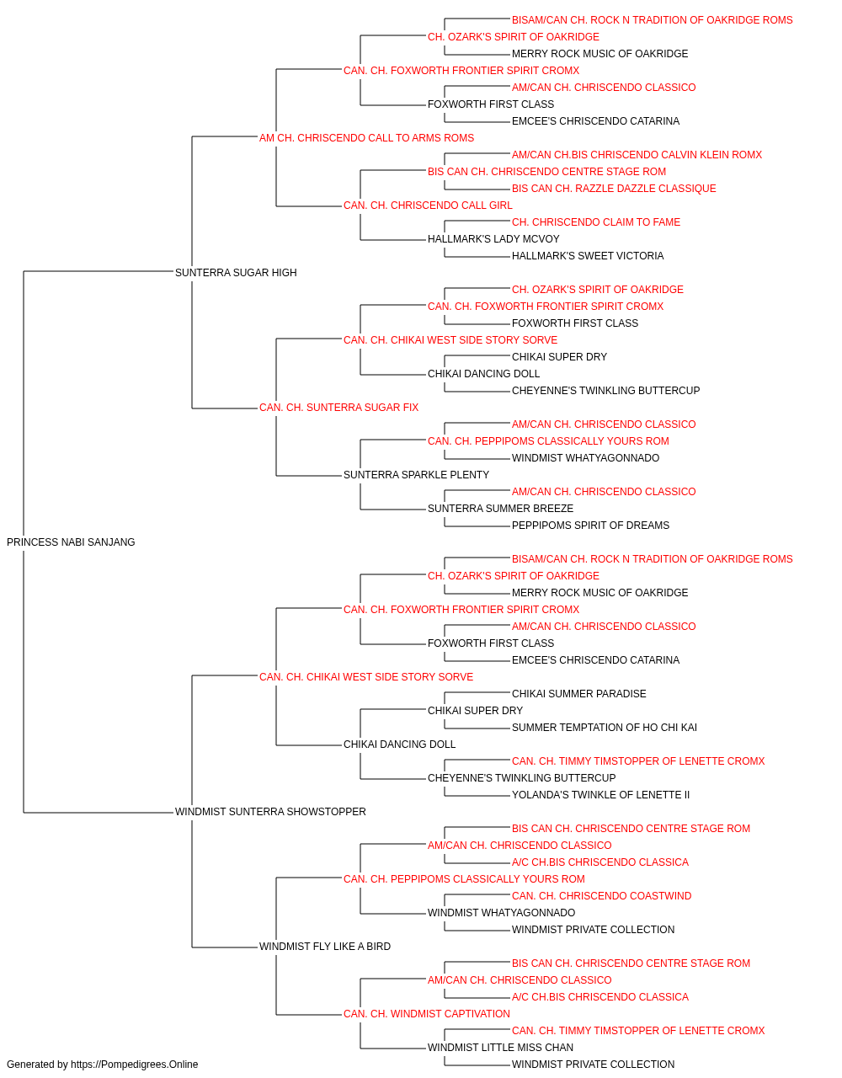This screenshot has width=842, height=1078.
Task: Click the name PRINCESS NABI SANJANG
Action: (71, 542)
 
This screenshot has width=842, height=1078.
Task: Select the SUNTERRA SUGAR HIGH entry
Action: (236, 273)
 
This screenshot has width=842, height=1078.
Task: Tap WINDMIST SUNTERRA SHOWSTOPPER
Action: (270, 812)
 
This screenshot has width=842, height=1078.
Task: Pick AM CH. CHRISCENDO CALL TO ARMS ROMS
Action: (366, 138)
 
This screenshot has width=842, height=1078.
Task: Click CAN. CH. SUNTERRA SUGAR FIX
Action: (338, 408)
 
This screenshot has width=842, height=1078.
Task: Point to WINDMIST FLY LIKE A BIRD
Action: (325, 947)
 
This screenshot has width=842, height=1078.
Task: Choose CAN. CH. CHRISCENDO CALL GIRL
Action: (428, 205)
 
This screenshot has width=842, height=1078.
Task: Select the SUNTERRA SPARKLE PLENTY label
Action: (417, 475)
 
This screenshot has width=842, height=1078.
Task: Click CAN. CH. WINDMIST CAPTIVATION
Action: (427, 1014)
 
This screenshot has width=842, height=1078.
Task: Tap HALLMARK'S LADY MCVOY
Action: (493, 239)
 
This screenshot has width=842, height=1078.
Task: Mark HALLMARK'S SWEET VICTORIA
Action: (588, 256)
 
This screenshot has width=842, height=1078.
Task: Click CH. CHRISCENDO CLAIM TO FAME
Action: (596, 222)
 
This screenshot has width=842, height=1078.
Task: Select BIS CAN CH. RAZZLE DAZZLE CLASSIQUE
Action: (614, 189)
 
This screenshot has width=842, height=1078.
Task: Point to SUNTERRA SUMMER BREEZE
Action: (500, 509)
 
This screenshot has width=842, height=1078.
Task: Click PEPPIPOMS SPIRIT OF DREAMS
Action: (590, 526)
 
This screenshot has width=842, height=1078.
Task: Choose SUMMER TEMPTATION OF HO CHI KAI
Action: (605, 728)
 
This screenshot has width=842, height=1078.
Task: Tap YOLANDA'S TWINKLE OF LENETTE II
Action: (600, 795)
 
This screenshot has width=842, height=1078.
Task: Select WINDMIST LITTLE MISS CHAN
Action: (500, 1048)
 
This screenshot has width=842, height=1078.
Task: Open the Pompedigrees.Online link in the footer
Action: (135, 1065)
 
